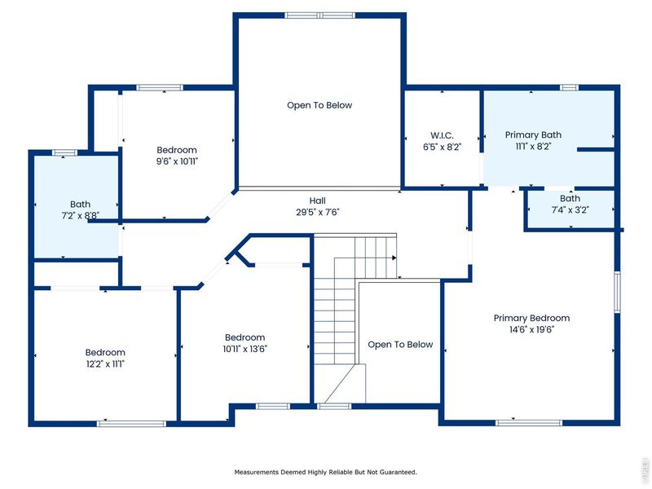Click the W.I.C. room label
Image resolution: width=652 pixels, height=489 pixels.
click(x=442, y=134)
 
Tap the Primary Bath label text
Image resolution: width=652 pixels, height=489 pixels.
click(x=533, y=134)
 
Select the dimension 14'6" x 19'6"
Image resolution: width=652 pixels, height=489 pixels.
click(x=531, y=330)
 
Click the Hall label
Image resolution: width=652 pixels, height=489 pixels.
click(x=318, y=200)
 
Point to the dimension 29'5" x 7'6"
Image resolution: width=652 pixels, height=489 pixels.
click(x=318, y=212)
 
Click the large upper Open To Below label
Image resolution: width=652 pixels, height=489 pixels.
click(x=319, y=105)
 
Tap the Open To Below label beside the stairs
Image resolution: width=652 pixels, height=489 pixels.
click(x=400, y=345)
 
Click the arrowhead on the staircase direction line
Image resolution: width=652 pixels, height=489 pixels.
click(x=394, y=258)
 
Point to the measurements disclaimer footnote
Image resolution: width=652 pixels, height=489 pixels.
click(x=326, y=472)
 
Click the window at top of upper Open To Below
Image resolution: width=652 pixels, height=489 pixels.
click(x=319, y=15)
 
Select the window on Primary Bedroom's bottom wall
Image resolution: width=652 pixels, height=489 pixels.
click(x=529, y=422)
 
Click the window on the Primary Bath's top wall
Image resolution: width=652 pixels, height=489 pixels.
click(x=569, y=87)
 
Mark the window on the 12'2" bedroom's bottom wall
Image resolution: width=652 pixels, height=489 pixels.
click(x=131, y=423)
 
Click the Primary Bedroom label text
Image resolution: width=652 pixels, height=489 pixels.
click(x=531, y=318)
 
